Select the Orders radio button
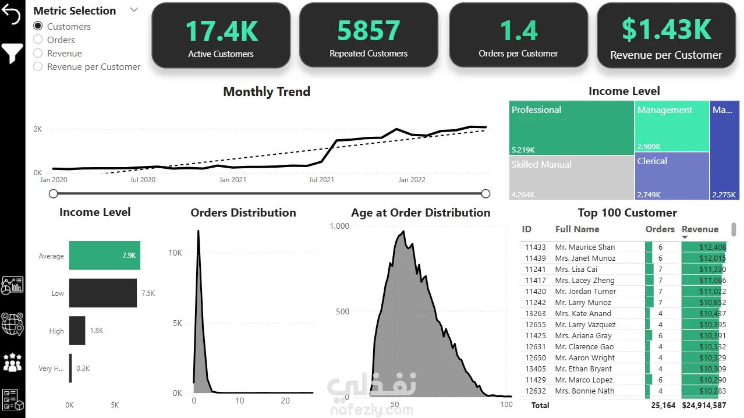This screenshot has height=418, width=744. pos(38,40)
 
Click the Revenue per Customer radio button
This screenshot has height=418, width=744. pos(38,66)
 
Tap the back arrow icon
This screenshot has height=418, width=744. pos(11,15)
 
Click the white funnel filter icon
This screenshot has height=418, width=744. pos(12,53)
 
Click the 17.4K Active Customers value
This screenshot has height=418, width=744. pos(222,31)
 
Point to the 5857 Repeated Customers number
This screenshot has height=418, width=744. pos(369,31)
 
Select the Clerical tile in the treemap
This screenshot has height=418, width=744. pos(672,176)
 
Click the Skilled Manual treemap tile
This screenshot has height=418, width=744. pos(571,178)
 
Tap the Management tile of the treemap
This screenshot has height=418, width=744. pos(672,126)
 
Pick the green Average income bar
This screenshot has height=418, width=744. pos(105,255)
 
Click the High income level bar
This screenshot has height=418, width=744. pos(77,331)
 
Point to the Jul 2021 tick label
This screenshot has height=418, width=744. pos(321,180)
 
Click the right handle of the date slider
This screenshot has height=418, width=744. pos(486,194)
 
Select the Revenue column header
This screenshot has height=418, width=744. pos(700,229)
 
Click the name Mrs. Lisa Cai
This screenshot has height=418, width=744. pos(576,269)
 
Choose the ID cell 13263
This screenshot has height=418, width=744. pos(536,313)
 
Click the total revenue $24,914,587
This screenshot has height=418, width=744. pos(704,405)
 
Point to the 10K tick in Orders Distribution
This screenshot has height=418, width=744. pos(175,253)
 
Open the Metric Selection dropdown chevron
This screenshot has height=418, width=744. pos(134,10)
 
